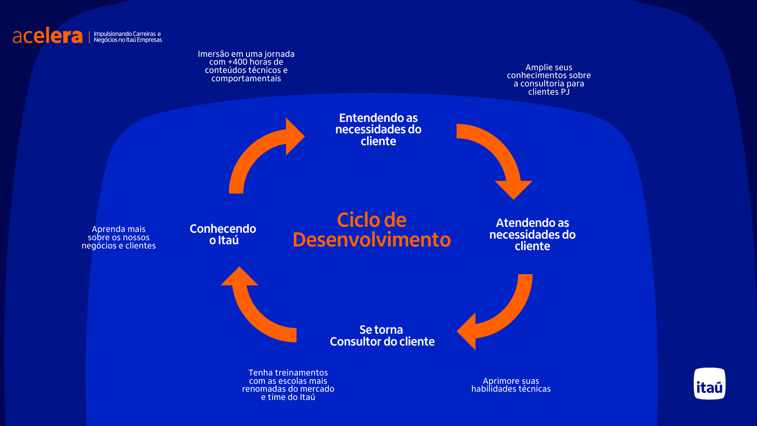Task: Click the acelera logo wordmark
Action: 48,36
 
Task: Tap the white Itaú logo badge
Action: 709,383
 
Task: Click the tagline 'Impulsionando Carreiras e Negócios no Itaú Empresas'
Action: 128,37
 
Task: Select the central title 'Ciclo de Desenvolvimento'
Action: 371,230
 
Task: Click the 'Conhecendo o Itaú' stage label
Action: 223,234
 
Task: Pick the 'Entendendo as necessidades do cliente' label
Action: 378,129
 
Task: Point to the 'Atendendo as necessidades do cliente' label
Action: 532,234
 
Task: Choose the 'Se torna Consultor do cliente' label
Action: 382,335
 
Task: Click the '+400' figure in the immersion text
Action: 238,62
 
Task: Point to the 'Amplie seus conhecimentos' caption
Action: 549,79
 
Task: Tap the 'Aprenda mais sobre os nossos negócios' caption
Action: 119,237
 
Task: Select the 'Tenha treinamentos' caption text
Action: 288,385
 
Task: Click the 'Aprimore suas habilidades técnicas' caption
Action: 511,385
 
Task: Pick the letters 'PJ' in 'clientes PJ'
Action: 565,92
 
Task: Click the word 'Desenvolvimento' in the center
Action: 371,240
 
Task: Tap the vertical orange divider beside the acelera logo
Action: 89,37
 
